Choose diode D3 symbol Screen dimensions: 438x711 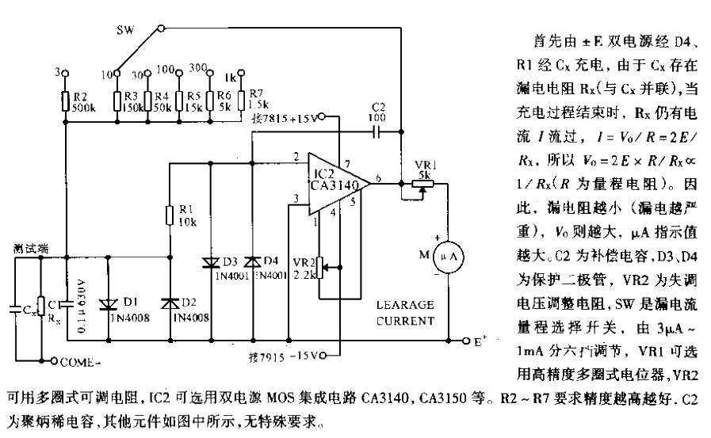point(212,261)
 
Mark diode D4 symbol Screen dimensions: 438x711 point(252,261)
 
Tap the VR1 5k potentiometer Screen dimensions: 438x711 point(419,181)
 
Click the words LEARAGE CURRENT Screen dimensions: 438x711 point(406,311)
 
